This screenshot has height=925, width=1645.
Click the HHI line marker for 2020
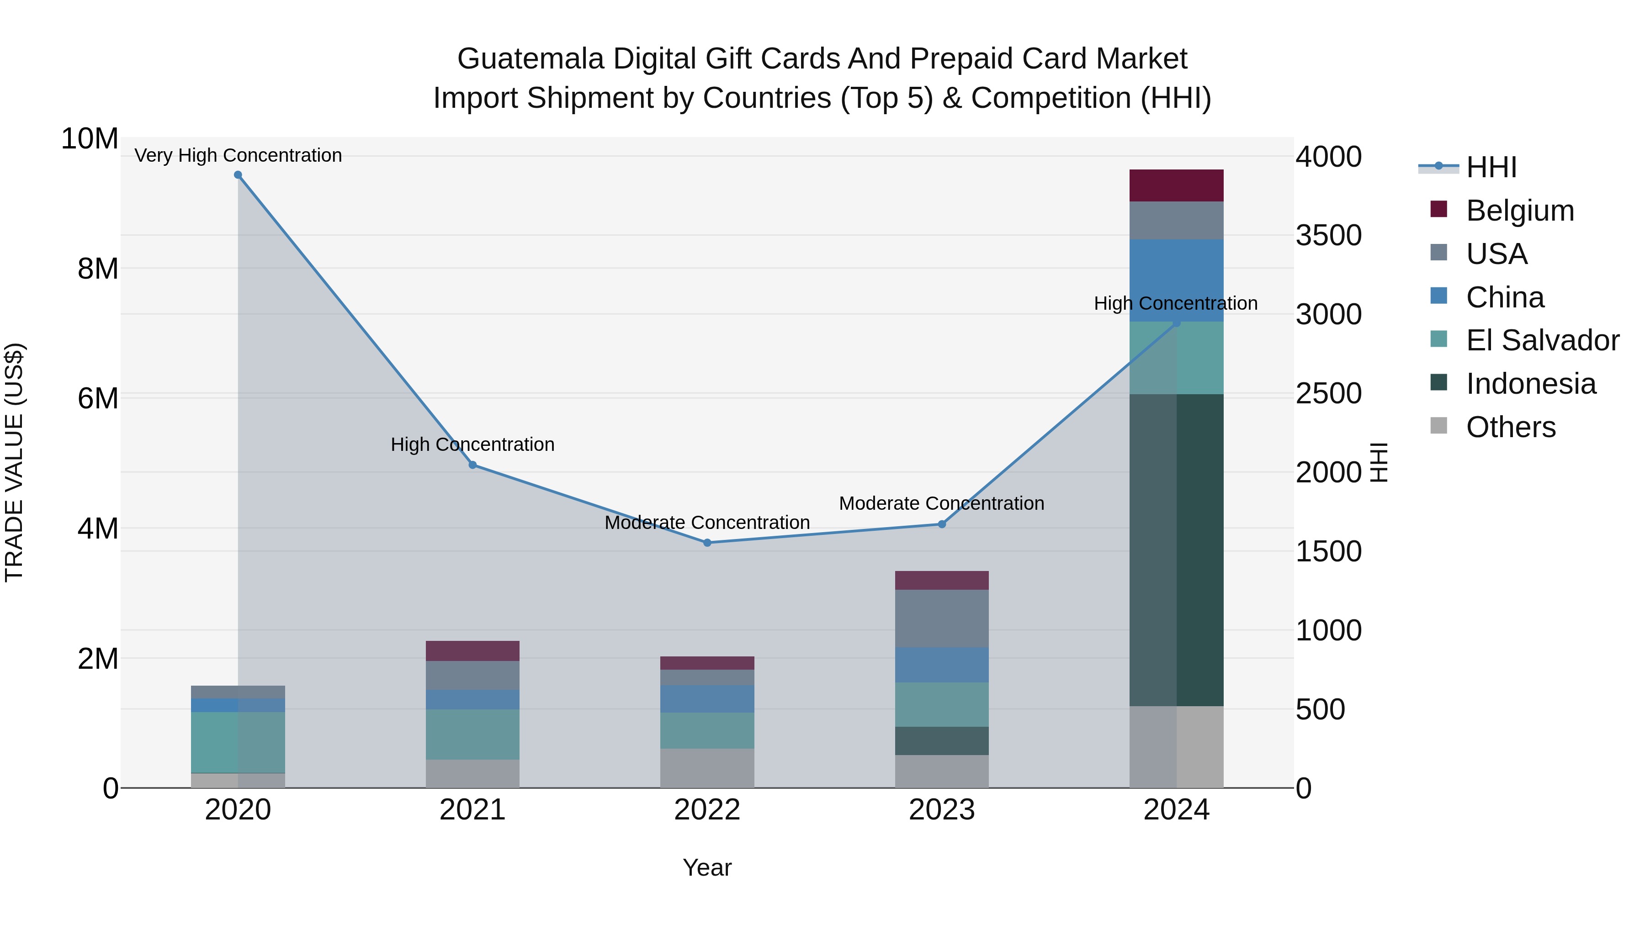pos(238,175)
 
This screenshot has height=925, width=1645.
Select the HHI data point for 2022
pos(707,543)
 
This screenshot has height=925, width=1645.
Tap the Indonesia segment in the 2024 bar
pos(1176,549)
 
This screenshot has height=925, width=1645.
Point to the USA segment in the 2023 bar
pos(941,618)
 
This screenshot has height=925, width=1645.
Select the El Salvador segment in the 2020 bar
pos(238,742)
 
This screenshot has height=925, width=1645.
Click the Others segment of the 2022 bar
pos(707,768)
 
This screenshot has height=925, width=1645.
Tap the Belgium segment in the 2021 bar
pos(472,650)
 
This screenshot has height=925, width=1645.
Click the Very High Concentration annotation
pos(238,155)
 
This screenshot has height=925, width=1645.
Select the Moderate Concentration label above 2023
pos(941,503)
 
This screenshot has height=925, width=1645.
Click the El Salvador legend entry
pos(1542,340)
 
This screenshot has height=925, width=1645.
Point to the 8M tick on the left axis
pos(98,269)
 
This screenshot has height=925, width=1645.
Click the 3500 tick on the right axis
pos(1328,235)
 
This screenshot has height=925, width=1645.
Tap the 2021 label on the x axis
pos(472,810)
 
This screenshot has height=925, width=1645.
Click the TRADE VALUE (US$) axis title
pos(14,462)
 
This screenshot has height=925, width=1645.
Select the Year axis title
pos(707,867)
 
